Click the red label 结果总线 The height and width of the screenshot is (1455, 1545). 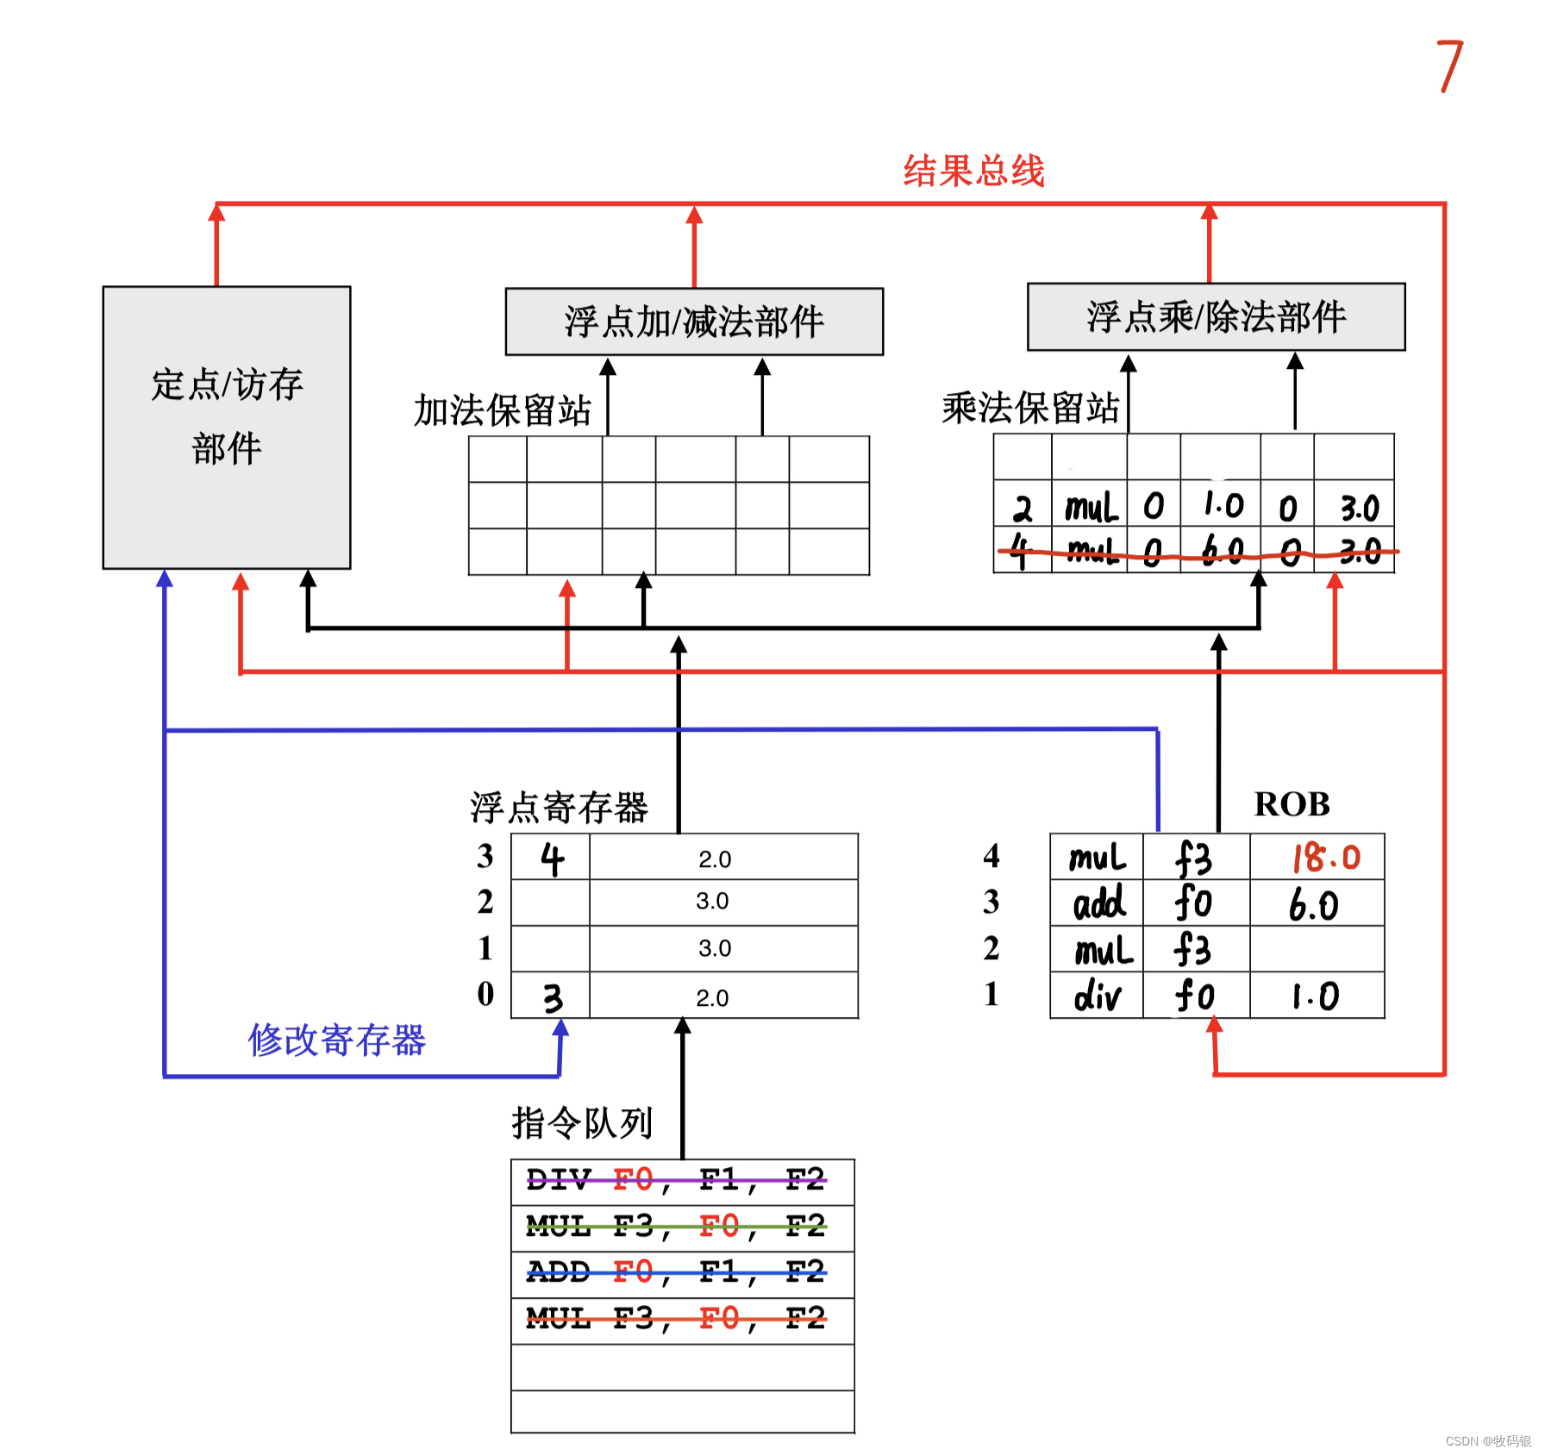973,171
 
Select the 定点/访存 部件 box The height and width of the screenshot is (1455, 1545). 227,427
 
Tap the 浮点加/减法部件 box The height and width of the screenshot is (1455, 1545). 694,322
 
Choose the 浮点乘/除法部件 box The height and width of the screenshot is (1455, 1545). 1216,316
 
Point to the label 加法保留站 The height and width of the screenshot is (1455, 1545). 503,410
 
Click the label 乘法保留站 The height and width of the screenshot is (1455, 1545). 1030,408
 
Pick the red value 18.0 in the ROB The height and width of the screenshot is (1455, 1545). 1325,858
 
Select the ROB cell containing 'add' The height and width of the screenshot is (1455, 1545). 1098,903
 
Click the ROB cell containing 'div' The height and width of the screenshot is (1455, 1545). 1097,996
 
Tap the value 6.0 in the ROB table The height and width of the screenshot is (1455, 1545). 1314,905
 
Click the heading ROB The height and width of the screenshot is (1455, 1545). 1292,804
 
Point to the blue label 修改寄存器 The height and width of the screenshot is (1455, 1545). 337,1040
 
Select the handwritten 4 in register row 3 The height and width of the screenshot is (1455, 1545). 552,859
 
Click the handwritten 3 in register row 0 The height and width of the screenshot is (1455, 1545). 553,998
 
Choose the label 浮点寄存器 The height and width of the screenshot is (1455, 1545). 559,808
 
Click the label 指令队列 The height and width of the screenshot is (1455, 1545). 582,1122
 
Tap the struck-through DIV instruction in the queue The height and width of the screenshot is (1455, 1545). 676,1180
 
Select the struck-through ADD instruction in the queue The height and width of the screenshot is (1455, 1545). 676,1272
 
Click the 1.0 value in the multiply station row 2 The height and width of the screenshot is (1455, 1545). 1223,506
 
